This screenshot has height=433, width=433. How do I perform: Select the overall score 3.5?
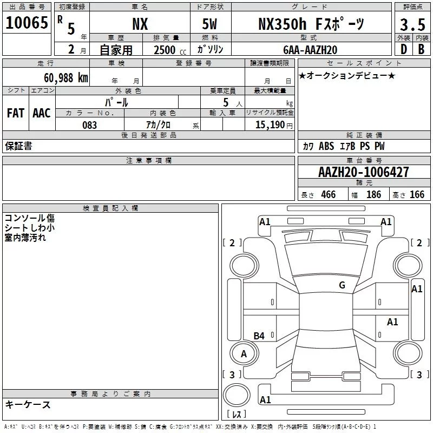412,25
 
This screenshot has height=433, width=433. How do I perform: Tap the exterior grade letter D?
403,49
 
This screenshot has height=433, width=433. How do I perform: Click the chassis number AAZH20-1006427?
364,173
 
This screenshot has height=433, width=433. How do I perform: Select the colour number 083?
90,125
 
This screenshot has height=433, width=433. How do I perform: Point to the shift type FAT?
16,113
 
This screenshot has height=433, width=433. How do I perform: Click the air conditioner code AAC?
42,113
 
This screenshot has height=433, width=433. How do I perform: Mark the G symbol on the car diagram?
342,285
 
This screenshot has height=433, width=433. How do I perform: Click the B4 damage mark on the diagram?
259,336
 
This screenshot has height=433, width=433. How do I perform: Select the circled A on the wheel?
244,354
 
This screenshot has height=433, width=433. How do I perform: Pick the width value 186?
373,194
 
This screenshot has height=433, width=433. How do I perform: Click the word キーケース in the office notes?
28,404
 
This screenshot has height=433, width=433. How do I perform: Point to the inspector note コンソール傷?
30,218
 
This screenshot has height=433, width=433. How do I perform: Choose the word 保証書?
18,146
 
